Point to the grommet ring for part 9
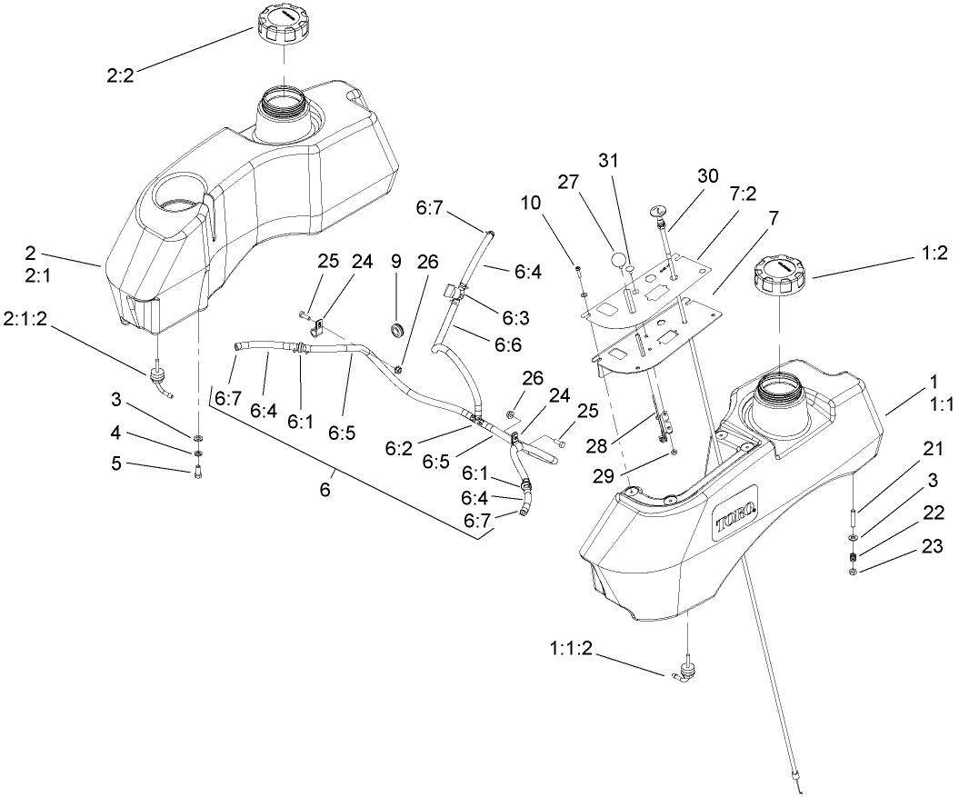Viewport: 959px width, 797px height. click(x=396, y=328)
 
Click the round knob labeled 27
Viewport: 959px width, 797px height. click(x=619, y=260)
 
